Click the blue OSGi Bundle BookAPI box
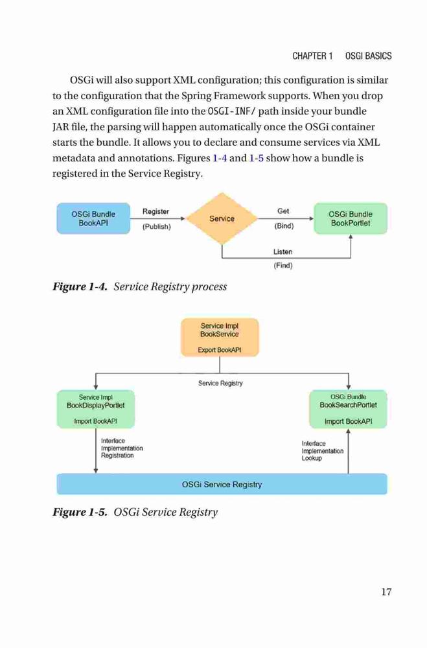[x=93, y=218]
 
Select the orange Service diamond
[x=222, y=218]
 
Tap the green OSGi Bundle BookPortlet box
[x=351, y=218]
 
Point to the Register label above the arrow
[x=156, y=211]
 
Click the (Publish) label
[x=157, y=226]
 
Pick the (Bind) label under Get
[x=284, y=226]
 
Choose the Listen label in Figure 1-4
[x=283, y=251]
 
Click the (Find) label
[x=283, y=265]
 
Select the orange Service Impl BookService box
[x=220, y=337]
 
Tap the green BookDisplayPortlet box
[x=95, y=409]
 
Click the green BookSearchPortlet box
[x=348, y=409]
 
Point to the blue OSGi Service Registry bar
[x=222, y=484]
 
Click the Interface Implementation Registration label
[x=122, y=448]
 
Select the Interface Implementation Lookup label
[x=323, y=451]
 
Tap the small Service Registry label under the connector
[x=220, y=383]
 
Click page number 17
[x=386, y=592]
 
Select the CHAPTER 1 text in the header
[x=312, y=56]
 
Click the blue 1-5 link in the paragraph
[x=257, y=158]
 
